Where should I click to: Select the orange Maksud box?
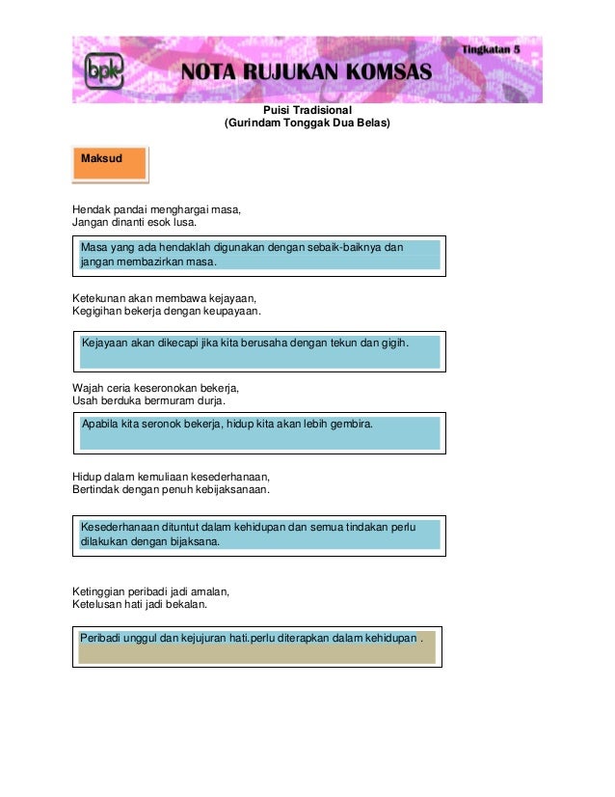click(x=110, y=164)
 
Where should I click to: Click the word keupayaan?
click(x=230, y=311)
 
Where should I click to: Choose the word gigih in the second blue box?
click(x=392, y=343)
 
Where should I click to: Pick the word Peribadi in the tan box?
click(x=103, y=638)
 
